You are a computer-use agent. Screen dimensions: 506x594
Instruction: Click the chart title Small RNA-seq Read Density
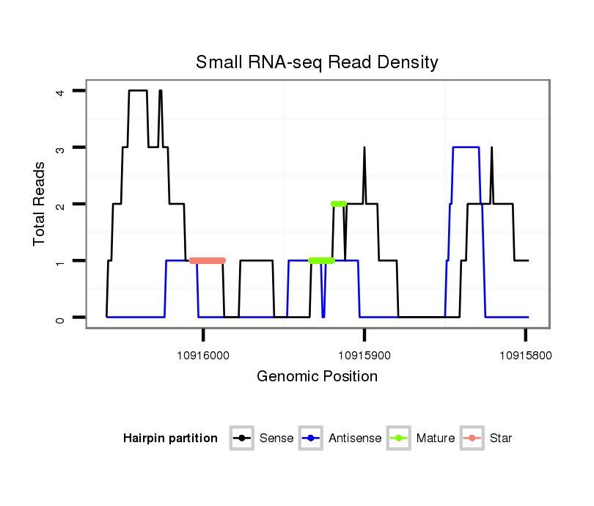pos(317,62)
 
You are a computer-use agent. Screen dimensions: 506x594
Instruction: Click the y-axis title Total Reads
pos(40,203)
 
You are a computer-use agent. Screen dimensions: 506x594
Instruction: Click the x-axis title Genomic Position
pos(317,377)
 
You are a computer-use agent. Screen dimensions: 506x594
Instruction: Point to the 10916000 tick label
pos(203,355)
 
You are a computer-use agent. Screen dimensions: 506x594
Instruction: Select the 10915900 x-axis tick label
pos(364,355)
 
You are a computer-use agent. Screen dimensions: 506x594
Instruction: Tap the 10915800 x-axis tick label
pos(525,355)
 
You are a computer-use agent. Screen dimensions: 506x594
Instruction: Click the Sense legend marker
pos(241,439)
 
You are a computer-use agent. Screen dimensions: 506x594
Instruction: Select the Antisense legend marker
pos(311,439)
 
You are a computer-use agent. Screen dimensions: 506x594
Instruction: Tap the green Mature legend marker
pos(399,439)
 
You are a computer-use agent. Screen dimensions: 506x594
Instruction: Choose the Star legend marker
pos(472,439)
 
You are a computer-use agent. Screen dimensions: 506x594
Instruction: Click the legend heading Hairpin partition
pos(170,439)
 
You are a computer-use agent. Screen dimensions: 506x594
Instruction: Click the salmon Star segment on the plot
pos(207,260)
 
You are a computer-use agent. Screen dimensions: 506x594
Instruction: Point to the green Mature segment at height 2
pos(338,204)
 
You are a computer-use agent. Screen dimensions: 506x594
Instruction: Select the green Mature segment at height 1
pos(322,260)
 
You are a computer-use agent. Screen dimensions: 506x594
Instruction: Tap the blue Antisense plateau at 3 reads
pos(466,147)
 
